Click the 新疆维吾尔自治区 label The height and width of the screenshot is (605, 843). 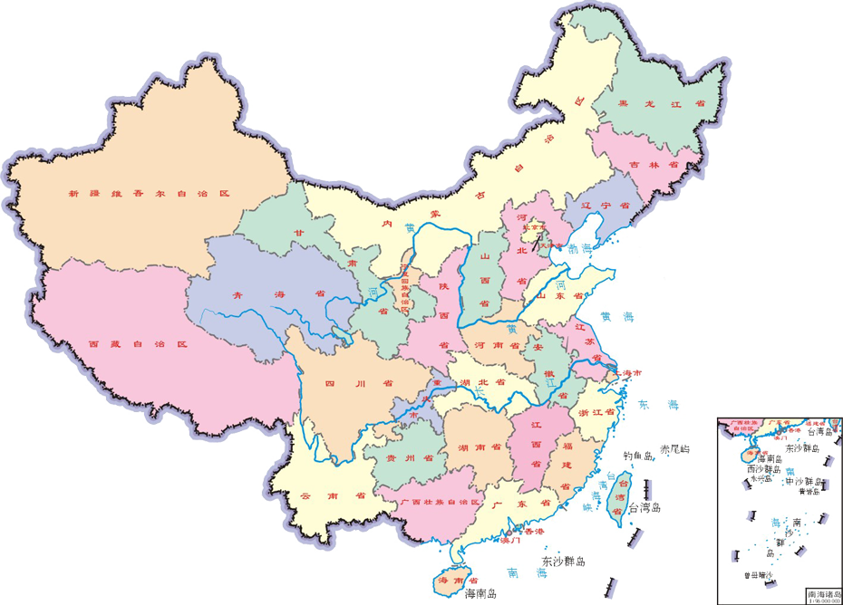[x=150, y=193]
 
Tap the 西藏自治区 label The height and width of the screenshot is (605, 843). [x=137, y=345]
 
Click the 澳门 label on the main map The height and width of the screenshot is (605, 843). [x=510, y=541]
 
